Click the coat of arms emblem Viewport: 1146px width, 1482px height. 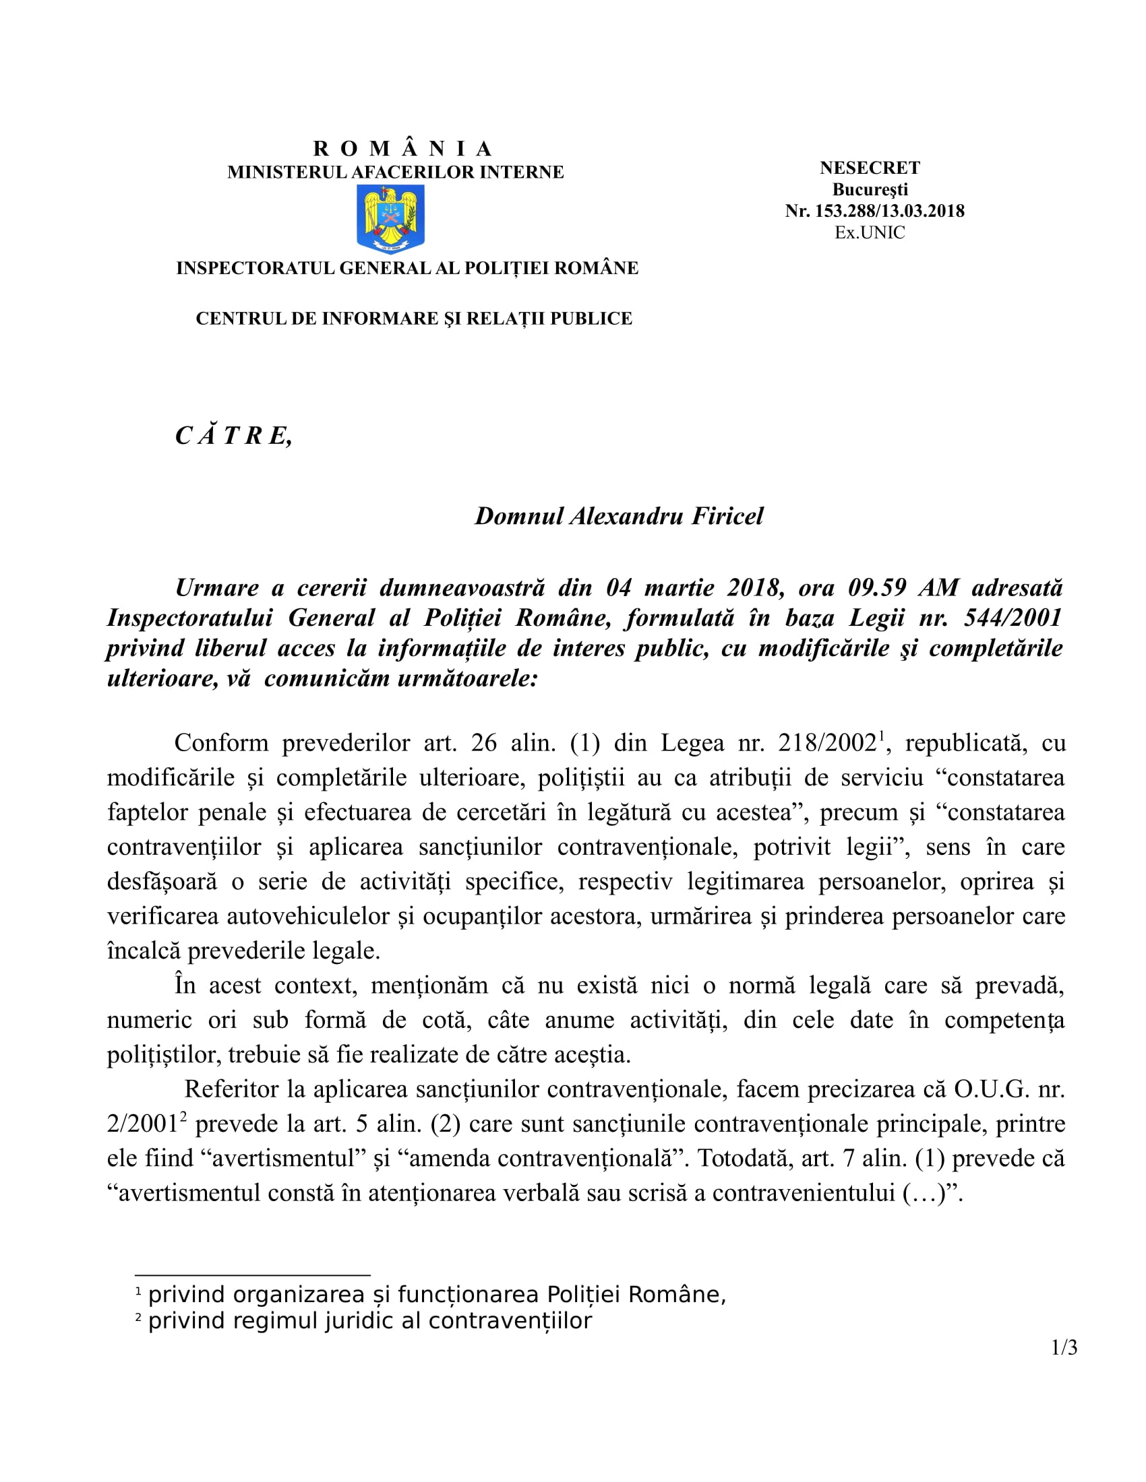(x=390, y=218)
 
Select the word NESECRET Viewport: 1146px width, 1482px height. (x=870, y=168)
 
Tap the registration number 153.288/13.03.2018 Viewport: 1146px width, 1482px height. (x=889, y=211)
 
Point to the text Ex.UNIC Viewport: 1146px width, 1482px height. (x=870, y=233)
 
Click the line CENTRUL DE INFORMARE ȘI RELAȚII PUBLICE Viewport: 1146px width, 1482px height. (x=413, y=318)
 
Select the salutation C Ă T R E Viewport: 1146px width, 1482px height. (x=233, y=436)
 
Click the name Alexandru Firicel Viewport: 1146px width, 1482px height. (x=666, y=517)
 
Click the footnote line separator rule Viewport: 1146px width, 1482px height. (x=253, y=1276)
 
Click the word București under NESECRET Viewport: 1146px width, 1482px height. (x=870, y=189)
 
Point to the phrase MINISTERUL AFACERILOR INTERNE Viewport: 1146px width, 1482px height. (x=395, y=172)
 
